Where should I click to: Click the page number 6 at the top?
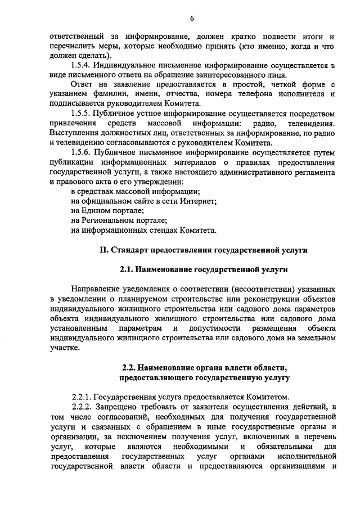tap(192, 18)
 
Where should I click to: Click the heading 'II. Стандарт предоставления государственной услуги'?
tap(204, 249)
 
